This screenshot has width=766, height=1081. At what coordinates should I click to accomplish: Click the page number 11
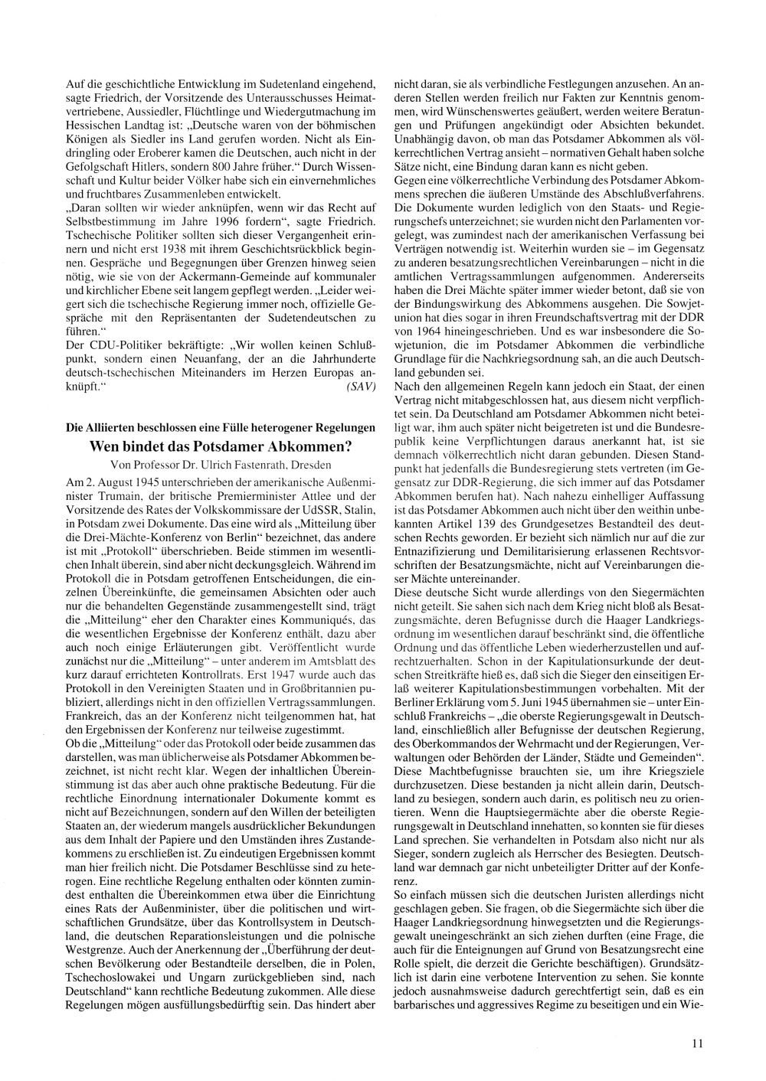point(697,1042)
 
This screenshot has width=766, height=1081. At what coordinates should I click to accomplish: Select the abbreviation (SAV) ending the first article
point(361,387)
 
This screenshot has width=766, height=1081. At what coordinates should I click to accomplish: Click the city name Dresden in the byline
point(311,465)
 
